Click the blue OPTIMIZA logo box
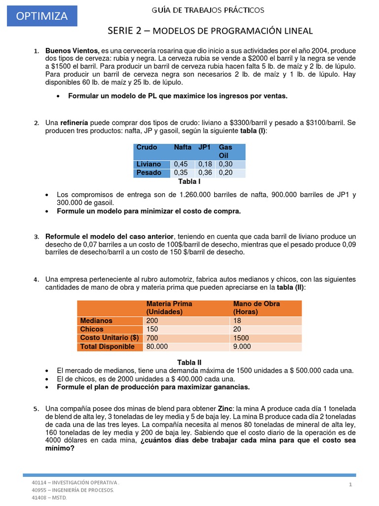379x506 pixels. pyautogui.click(x=42, y=16)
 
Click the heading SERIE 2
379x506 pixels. pyautogui.click(x=127, y=31)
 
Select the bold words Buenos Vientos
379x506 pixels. pyautogui.click(x=72, y=51)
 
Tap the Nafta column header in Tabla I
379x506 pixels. pyautogui.click(x=183, y=147)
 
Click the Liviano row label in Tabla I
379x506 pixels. pyautogui.click(x=149, y=164)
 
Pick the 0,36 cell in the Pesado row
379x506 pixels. pyautogui.click(x=205, y=173)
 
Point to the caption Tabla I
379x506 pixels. pyautogui.click(x=189, y=182)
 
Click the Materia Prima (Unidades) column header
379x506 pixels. pyautogui.click(x=169, y=307)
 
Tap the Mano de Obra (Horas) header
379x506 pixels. pyautogui.click(x=256, y=307)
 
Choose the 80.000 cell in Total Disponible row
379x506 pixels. pyautogui.click(x=157, y=346)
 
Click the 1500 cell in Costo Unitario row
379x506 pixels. pyautogui.click(x=242, y=337)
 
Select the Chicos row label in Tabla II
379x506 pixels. pyautogui.click(x=92, y=329)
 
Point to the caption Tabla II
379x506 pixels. pyautogui.click(x=189, y=362)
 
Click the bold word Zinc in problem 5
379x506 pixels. pyautogui.click(x=226, y=409)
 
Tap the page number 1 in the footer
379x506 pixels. pyautogui.click(x=350, y=485)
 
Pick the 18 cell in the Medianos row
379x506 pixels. pyautogui.click(x=237, y=320)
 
